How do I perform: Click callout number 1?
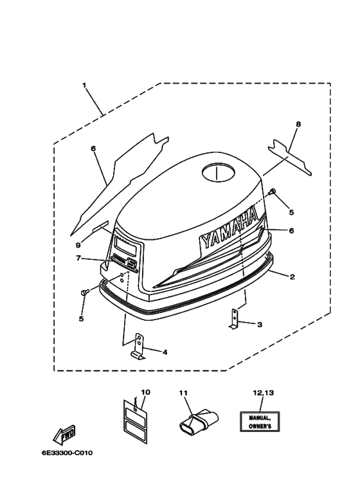click(x=84, y=84)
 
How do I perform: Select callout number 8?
click(x=298, y=124)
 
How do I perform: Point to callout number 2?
click(x=292, y=277)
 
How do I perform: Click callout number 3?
click(x=260, y=325)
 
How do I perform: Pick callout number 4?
click(x=165, y=352)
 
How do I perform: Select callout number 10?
click(x=145, y=392)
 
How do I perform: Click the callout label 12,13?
click(x=259, y=392)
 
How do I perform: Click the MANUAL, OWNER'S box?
click(x=259, y=421)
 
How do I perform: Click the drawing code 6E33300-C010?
click(x=67, y=453)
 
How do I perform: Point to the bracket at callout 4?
click(x=137, y=347)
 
